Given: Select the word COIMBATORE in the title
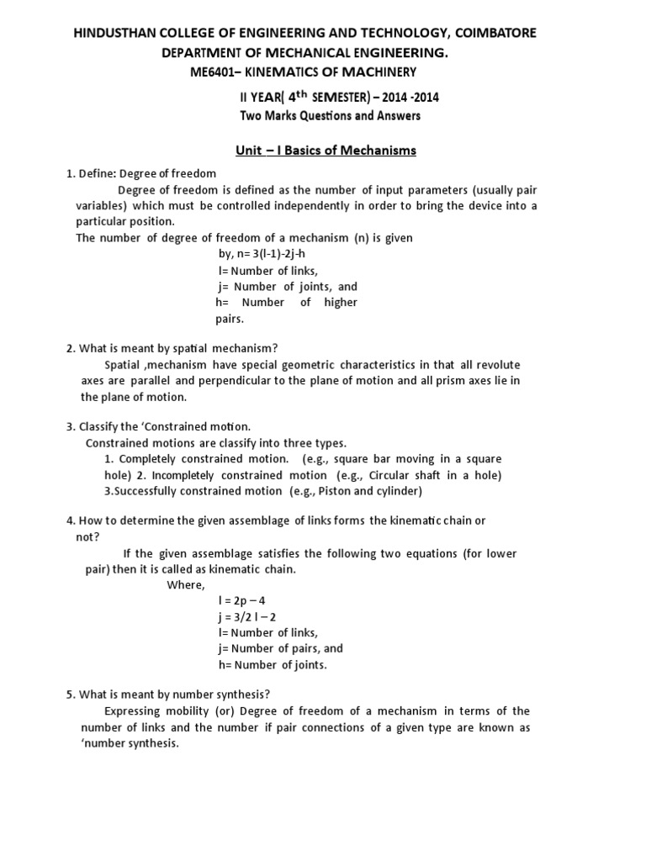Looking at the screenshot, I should click(x=489, y=32).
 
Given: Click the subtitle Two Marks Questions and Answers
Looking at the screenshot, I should click(x=331, y=115).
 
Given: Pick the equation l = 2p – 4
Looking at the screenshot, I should click(x=241, y=600).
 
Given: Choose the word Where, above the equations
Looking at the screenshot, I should click(x=186, y=584).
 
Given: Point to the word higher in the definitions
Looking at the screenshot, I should click(x=341, y=302).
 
